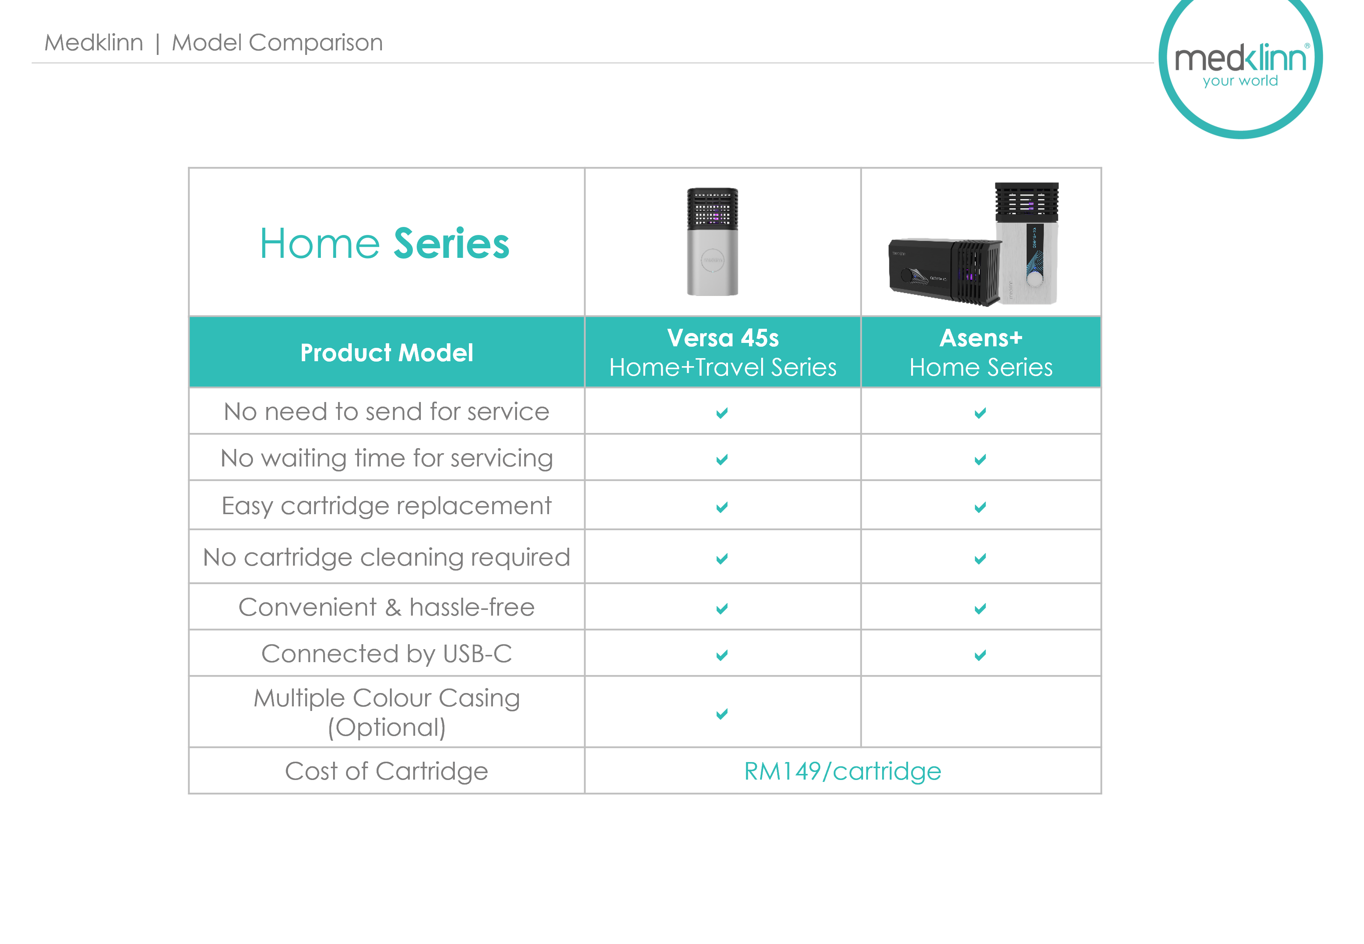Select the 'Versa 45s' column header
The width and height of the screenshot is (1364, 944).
723,352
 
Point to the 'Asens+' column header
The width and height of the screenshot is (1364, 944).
981,352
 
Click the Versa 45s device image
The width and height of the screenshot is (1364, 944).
712,241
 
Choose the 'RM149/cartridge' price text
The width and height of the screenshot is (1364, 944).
842,771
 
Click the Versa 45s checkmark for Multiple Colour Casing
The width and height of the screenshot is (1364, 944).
721,714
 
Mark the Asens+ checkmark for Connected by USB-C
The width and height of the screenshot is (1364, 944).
980,655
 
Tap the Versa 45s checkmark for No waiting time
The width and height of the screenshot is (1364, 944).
721,460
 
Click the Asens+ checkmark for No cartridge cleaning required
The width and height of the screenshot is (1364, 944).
980,558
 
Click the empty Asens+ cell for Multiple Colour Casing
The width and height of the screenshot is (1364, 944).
981,712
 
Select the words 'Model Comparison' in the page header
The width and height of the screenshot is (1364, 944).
277,43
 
